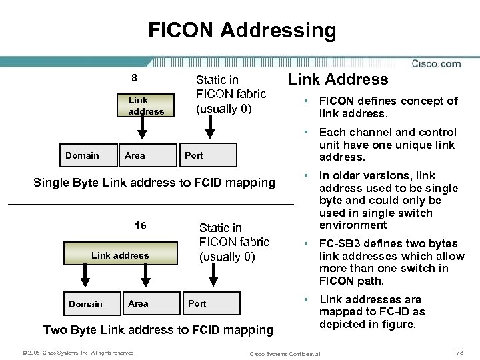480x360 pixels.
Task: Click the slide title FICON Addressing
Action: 242,30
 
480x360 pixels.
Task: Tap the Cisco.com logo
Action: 436,64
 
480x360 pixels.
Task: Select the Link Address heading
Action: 337,80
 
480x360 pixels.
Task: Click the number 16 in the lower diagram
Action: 141,226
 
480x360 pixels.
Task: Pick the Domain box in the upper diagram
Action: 82,155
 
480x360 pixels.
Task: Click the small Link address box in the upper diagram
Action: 146,105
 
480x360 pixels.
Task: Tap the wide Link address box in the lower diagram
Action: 120,255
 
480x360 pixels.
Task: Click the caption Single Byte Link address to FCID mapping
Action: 155,183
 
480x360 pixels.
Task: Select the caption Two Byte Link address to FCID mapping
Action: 158,329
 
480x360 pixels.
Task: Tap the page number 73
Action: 459,352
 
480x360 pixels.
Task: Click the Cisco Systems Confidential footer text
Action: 284,353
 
